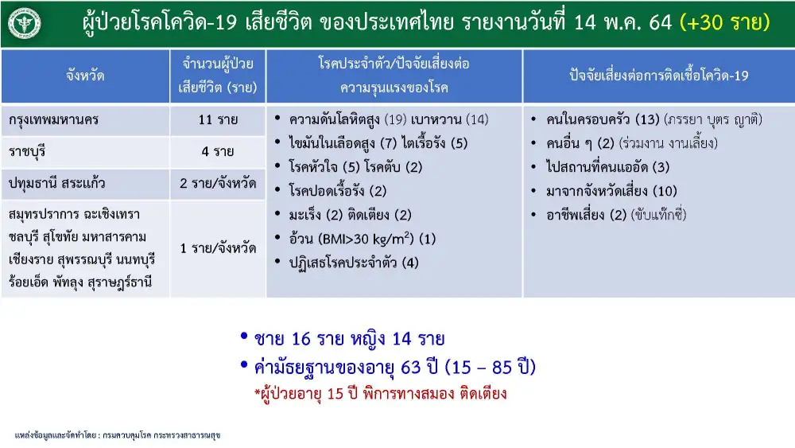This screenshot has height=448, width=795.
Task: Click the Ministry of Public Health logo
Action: pyautogui.click(x=25, y=23)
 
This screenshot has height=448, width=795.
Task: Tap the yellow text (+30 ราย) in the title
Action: pyautogui.click(x=724, y=22)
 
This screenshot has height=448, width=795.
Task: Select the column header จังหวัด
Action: pyautogui.click(x=85, y=76)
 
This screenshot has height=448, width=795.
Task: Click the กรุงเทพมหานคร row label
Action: pyautogui.click(x=53, y=120)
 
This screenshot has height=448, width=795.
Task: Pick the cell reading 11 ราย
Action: pyautogui.click(x=218, y=119)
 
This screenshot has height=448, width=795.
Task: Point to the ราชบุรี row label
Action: pyautogui.click(x=27, y=152)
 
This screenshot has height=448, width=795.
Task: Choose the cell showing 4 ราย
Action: pyautogui.click(x=218, y=151)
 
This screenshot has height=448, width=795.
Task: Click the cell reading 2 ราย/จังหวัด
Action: pyautogui.click(x=218, y=183)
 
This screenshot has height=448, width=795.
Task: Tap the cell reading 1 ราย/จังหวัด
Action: pyautogui.click(x=218, y=248)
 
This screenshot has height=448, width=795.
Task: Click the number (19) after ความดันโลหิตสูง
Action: pyautogui.click(x=395, y=119)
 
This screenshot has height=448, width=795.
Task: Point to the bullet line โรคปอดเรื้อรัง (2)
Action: pyautogui.click(x=338, y=191)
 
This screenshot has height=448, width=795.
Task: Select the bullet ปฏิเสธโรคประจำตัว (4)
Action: pyautogui.click(x=354, y=263)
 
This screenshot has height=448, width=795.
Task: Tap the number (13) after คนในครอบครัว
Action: pyautogui.click(x=647, y=119)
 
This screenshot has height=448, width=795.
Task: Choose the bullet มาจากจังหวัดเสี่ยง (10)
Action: pyautogui.click(x=611, y=191)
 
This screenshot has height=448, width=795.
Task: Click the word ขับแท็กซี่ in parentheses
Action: pyautogui.click(x=658, y=215)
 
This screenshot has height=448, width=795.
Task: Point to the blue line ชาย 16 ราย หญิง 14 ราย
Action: pyautogui.click(x=349, y=338)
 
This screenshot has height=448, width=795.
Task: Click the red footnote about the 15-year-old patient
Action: pyautogui.click(x=380, y=394)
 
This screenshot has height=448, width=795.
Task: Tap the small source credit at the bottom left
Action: pyautogui.click(x=118, y=435)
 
